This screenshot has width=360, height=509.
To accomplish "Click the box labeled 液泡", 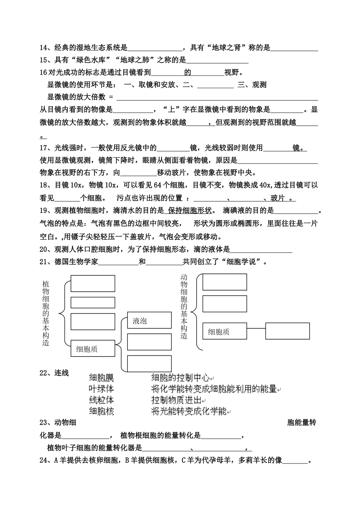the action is coord(149,321).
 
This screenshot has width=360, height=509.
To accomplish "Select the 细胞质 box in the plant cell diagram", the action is coord(93,349).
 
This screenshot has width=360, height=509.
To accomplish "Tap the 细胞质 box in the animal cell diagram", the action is coord(225,332).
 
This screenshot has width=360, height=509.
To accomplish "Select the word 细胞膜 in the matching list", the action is coord(101,377).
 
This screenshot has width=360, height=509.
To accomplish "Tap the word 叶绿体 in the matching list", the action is coord(101,389).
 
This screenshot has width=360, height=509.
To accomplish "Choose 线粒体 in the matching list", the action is coord(101,400).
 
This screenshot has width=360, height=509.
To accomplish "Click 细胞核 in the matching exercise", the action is coord(101,411).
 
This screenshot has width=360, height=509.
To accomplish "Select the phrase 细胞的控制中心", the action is coord(180,377).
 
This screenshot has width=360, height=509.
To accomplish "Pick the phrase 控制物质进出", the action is coord(176,400).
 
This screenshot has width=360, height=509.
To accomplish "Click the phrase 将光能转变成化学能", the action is coord(189,411).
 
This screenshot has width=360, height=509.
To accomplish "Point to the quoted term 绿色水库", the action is coord(92,60).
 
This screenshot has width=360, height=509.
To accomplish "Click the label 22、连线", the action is coord(54,373).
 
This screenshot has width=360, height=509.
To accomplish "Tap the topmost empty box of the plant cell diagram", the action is coord(93,283).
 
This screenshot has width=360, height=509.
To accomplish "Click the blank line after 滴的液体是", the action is coord(261,250).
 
